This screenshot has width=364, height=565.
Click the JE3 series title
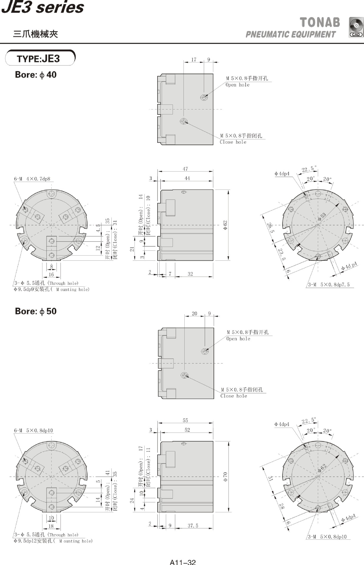(x=43, y=7)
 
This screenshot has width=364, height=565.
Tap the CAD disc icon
(x=356, y=27)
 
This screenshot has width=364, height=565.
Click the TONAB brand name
(x=320, y=22)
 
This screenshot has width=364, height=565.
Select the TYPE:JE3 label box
(x=40, y=58)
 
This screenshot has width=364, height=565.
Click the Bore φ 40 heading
(x=36, y=75)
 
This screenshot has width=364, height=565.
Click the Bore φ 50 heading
(x=36, y=311)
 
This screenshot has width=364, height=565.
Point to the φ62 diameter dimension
(x=225, y=225)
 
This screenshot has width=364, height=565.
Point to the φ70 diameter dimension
(x=225, y=476)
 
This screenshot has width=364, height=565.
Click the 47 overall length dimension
(x=185, y=169)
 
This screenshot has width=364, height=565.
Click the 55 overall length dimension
(x=185, y=421)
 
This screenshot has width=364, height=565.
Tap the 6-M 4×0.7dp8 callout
(x=32, y=179)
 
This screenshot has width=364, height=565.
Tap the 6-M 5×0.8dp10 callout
(x=33, y=431)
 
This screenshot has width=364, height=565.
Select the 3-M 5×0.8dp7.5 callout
(x=329, y=285)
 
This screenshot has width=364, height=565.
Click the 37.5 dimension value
(x=193, y=526)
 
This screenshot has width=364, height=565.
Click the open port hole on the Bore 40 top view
(x=204, y=97)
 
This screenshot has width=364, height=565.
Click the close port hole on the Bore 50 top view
(x=185, y=375)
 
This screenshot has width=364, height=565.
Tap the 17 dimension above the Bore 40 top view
(x=194, y=60)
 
